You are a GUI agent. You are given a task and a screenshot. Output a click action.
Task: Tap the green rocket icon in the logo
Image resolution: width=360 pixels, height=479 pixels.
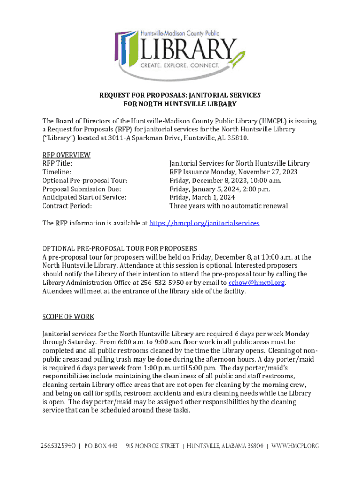click(239, 60)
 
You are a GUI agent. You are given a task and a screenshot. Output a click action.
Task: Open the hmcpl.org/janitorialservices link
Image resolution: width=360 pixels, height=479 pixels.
click(204, 223)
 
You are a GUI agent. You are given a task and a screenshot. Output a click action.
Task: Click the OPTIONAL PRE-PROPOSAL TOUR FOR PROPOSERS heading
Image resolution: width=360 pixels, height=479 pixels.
click(120, 248)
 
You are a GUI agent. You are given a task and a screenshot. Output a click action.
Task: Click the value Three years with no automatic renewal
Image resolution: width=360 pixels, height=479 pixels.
click(229, 206)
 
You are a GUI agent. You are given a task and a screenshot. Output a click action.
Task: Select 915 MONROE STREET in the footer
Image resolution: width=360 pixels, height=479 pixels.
click(152, 446)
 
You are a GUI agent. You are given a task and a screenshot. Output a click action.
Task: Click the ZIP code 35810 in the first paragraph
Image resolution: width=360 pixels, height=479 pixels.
click(238, 138)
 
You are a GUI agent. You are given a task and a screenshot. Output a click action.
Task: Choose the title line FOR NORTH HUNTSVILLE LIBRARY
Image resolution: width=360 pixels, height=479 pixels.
click(180, 104)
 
